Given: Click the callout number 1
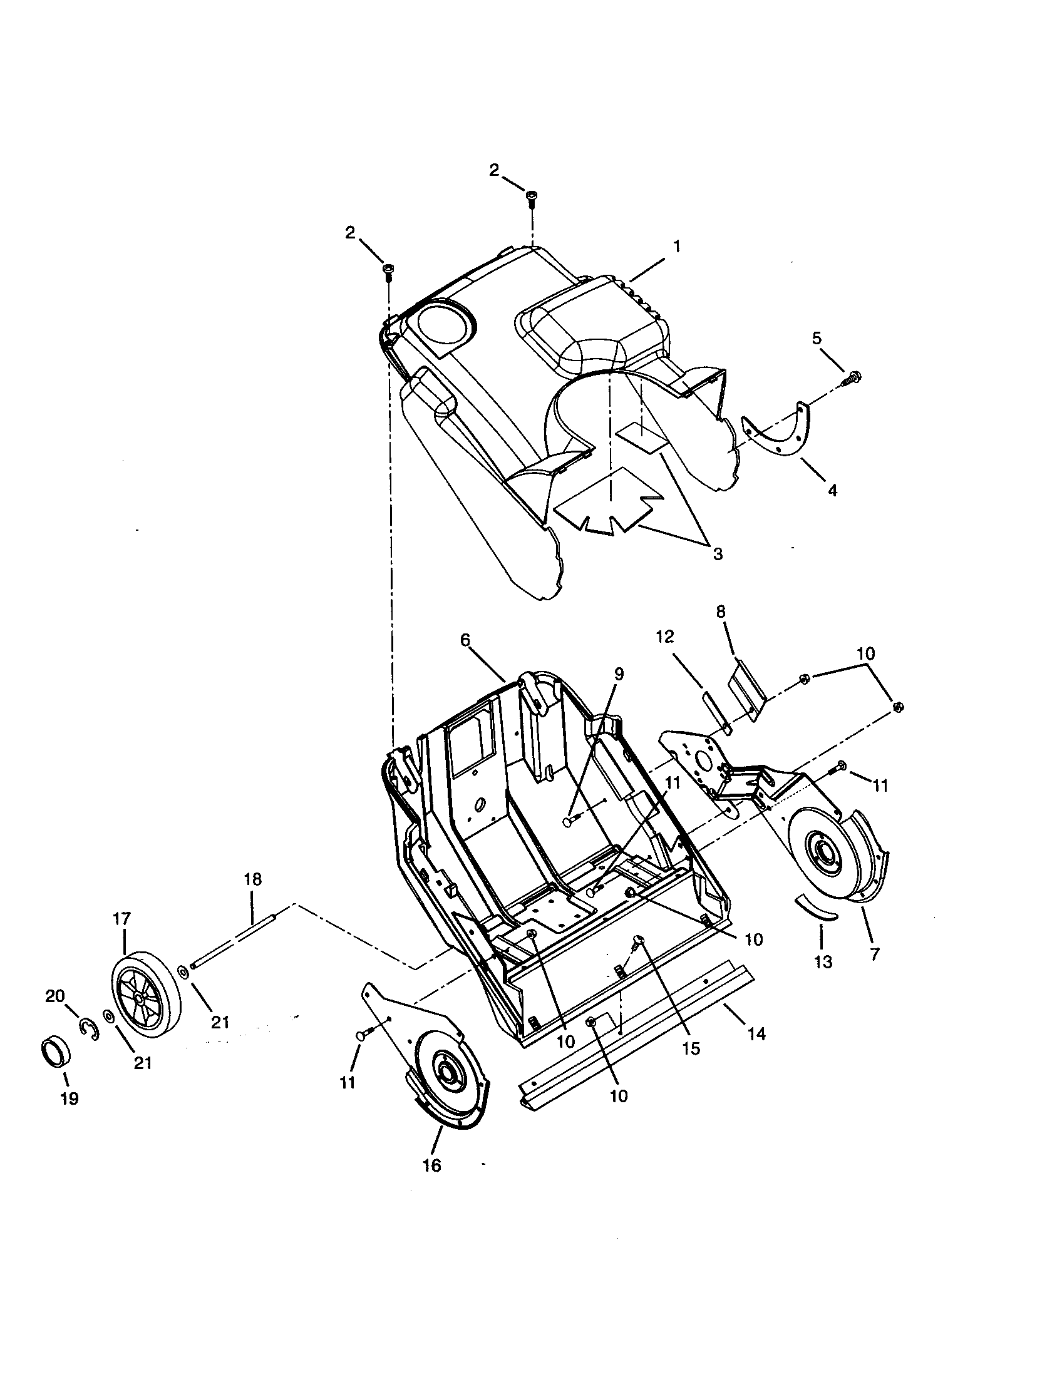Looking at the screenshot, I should click(677, 247).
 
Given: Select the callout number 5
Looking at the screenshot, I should click(817, 339).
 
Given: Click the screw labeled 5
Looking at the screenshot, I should click(854, 377).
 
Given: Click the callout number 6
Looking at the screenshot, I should click(465, 639).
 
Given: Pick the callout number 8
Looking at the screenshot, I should click(721, 611).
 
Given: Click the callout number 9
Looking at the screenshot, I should click(619, 673).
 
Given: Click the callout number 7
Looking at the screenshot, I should click(874, 955).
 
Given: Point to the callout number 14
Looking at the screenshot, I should click(756, 1033).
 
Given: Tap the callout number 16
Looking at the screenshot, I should click(432, 1165).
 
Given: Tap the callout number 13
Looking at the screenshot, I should click(823, 961).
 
